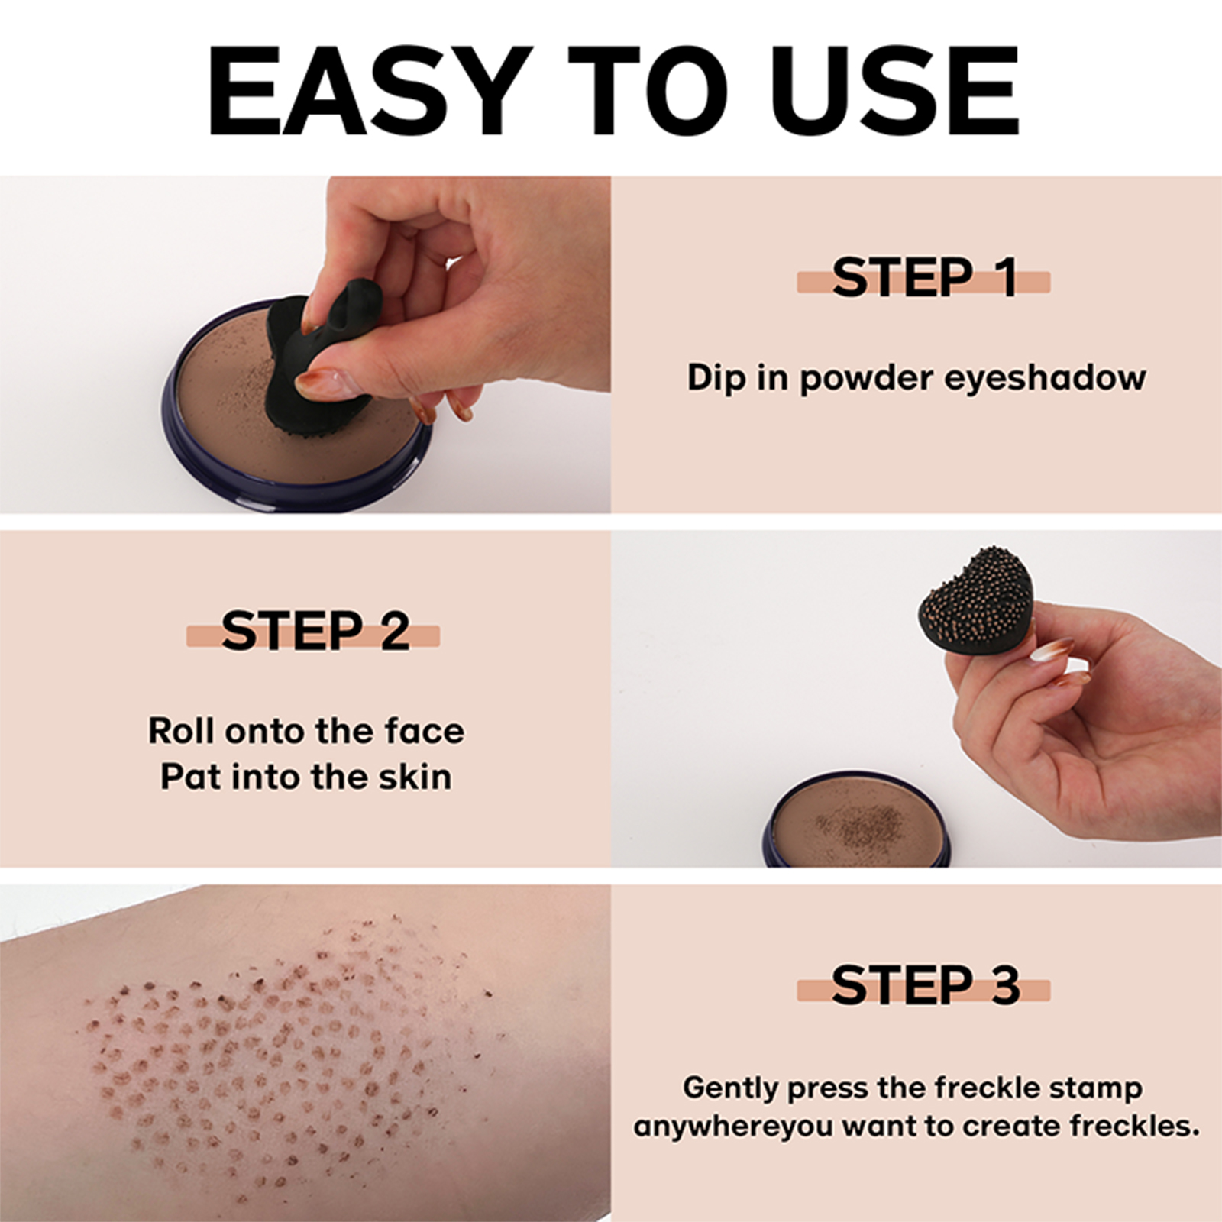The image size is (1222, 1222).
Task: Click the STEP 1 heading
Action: (x=924, y=278)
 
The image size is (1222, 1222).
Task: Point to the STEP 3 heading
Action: (x=925, y=985)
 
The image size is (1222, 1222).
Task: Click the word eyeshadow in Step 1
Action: (x=1046, y=378)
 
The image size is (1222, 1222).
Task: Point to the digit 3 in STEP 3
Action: (x=1005, y=985)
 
